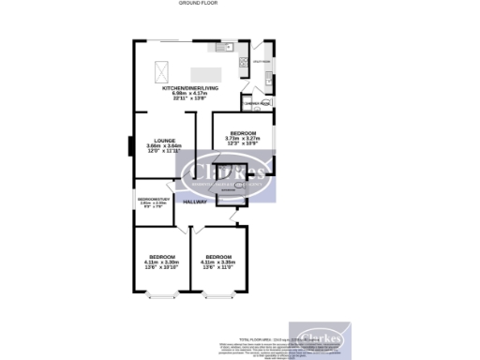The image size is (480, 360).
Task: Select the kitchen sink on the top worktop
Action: (x=223, y=47)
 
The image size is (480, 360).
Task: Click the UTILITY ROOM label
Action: (x=262, y=62)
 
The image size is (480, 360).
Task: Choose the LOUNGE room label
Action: (x=163, y=141)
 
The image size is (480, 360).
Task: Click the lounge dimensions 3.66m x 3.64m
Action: (x=163, y=146)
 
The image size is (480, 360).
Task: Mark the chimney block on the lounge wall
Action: (x=130, y=147)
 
